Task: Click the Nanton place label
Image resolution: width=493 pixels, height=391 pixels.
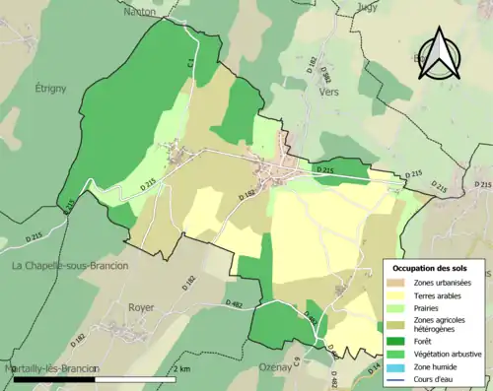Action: click(142, 12)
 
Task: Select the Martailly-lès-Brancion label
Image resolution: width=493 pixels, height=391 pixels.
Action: click(49, 367)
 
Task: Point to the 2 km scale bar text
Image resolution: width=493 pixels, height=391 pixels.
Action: click(182, 368)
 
